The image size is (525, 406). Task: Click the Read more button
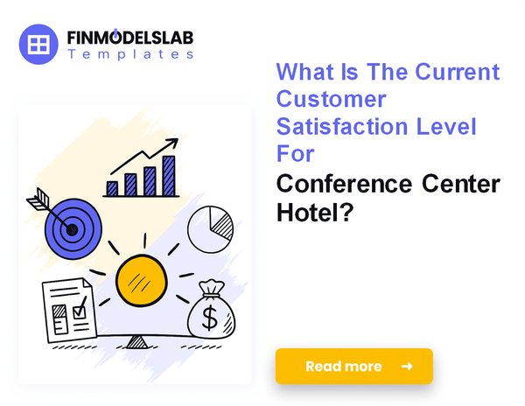coord(353,367)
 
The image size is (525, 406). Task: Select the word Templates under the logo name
coord(130,54)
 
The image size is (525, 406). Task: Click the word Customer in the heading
coord(331,99)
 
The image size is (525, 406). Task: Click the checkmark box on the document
coord(79,307)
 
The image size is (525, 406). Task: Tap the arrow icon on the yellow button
coord(406,367)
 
